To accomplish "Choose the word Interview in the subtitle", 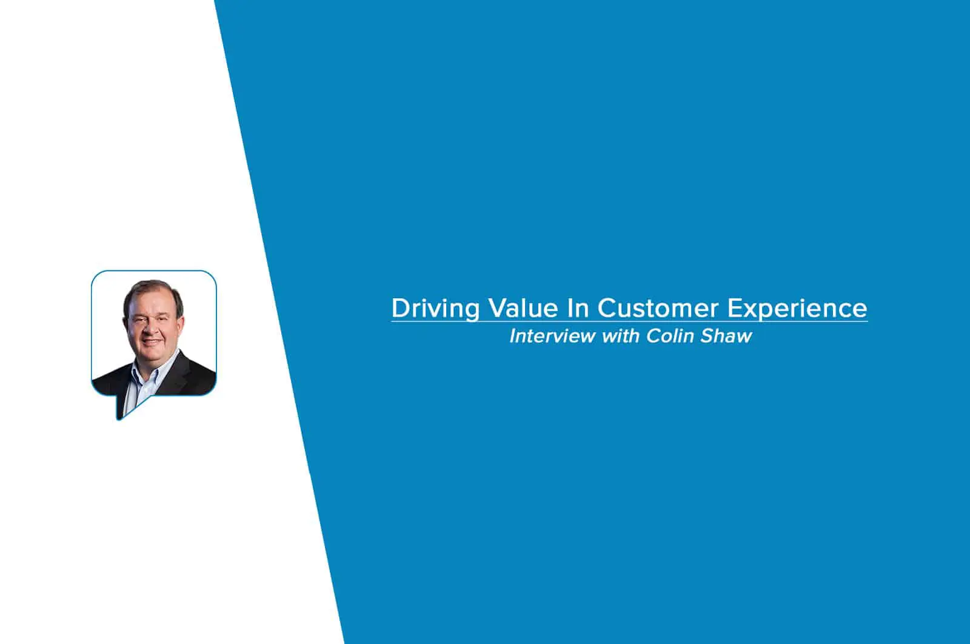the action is click(552, 336).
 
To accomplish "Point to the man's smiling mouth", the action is click(152, 342).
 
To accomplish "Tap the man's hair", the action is click(152, 290).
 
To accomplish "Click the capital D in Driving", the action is click(401, 308).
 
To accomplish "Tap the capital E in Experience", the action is click(735, 308).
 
